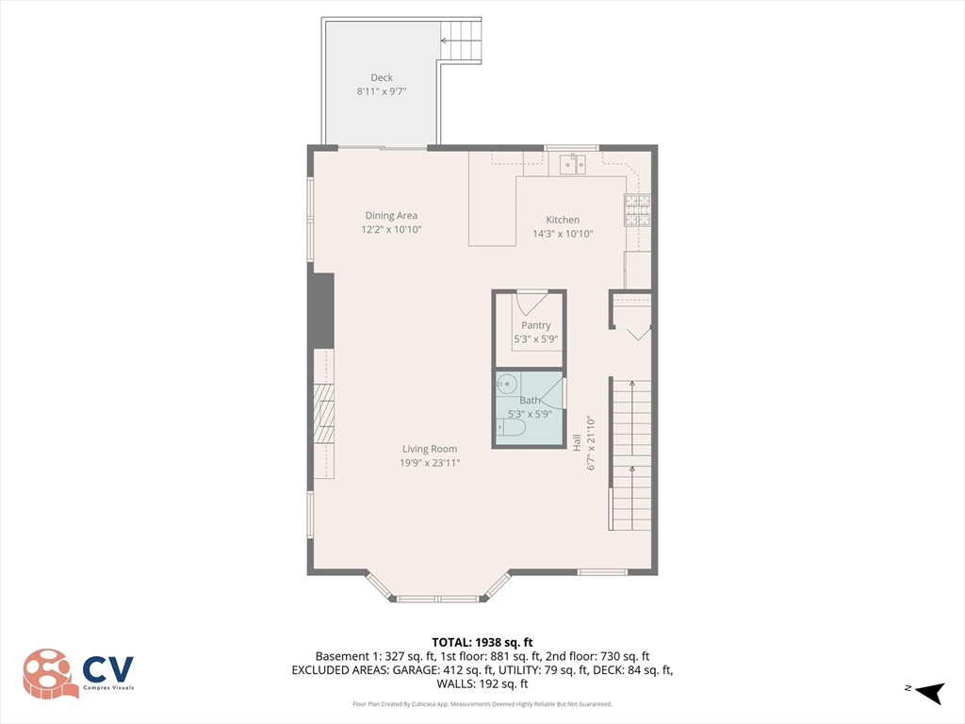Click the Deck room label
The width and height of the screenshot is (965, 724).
click(x=381, y=77)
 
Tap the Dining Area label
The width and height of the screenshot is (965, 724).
click(x=391, y=216)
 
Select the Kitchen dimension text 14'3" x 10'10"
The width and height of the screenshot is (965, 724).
click(x=562, y=234)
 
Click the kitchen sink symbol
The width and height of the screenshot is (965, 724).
click(x=572, y=165)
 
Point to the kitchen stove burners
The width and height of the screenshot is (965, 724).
click(x=638, y=210)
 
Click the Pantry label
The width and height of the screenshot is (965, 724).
click(x=535, y=325)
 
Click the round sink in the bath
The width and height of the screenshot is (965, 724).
click(x=507, y=384)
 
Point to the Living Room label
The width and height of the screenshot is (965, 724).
click(x=430, y=449)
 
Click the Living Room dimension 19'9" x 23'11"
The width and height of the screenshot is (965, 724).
click(x=430, y=463)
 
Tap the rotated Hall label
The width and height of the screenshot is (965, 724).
click(x=577, y=441)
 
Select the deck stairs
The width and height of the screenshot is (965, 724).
click(x=461, y=41)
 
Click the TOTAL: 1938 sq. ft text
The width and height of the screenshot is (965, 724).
click(x=482, y=642)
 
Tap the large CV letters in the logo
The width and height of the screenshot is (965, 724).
click(x=107, y=669)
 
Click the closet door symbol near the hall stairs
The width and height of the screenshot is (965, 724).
click(x=638, y=332)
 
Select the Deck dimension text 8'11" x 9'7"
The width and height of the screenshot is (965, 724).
click(x=381, y=91)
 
